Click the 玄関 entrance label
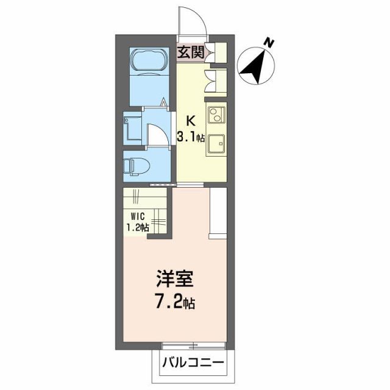[x=190, y=52]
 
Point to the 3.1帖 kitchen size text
[x=190, y=136]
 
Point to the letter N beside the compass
[x=268, y=43]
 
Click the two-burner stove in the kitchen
[x=216, y=114]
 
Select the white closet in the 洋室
[x=218, y=213]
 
